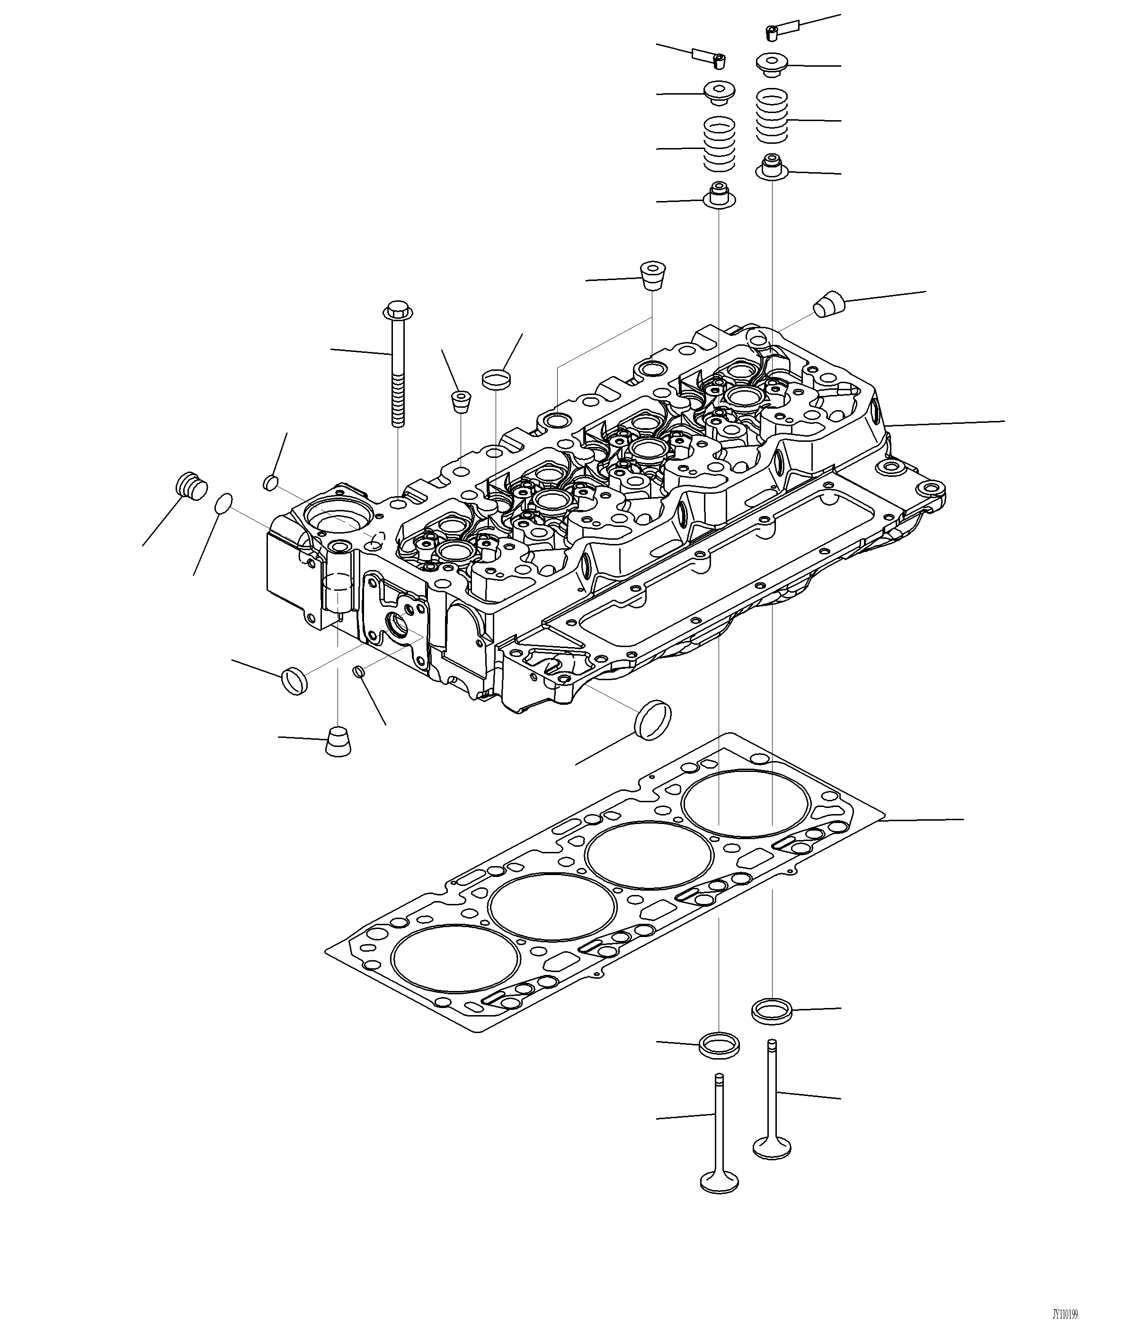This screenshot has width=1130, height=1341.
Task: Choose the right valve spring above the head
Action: (x=772, y=116)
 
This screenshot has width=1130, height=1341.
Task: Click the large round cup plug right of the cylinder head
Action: (x=653, y=720)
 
